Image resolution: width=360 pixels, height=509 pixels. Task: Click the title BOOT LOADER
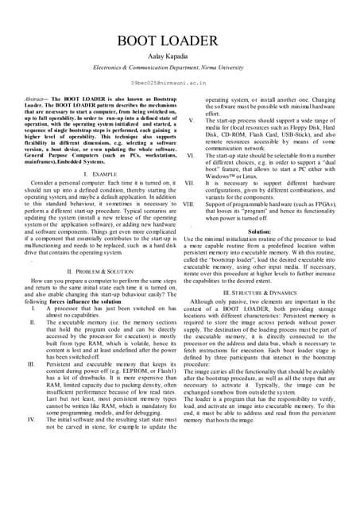click(180, 42)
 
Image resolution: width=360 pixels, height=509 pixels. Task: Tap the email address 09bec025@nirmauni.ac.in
click(180, 83)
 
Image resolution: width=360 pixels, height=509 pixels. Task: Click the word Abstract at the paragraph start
click(36, 99)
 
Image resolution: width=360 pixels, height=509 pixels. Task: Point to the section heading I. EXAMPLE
click(96, 173)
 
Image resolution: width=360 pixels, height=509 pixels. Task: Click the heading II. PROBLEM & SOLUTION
click(96, 271)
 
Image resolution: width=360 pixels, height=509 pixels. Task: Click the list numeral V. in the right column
click(192, 120)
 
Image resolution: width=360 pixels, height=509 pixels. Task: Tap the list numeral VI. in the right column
click(191, 156)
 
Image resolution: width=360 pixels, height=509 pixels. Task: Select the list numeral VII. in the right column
click(190, 184)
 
